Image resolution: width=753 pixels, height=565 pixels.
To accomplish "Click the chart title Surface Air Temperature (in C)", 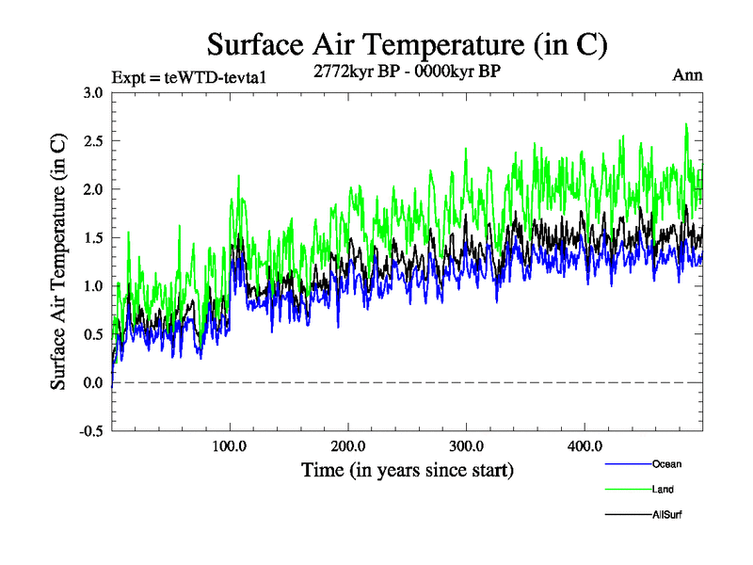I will click(407, 44).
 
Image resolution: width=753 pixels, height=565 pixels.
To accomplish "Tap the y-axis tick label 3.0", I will click(93, 93).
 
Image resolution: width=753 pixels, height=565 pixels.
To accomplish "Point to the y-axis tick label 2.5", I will click(93, 141).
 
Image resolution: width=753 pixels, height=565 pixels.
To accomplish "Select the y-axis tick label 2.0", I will click(93, 189).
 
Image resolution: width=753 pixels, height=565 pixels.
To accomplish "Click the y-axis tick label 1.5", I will click(93, 238).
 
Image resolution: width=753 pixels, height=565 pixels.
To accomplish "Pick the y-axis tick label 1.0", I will click(93, 286).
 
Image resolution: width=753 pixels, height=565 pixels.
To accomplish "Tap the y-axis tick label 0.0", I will click(93, 383).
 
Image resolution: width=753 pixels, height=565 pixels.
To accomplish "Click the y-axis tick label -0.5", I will click(90, 431).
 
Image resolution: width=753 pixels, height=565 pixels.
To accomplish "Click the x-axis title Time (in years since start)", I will click(407, 468).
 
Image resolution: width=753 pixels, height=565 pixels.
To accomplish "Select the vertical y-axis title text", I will click(58, 262).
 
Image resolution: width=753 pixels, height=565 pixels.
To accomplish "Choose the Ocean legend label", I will click(666, 464).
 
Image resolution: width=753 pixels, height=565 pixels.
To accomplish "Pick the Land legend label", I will click(663, 490).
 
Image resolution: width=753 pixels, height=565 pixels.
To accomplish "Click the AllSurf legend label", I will click(666, 515).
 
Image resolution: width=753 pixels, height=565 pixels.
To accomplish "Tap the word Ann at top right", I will click(687, 75).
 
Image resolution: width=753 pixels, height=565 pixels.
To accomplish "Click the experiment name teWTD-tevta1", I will click(223, 76).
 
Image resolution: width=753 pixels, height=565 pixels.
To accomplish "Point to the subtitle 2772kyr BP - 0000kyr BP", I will click(407, 70).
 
